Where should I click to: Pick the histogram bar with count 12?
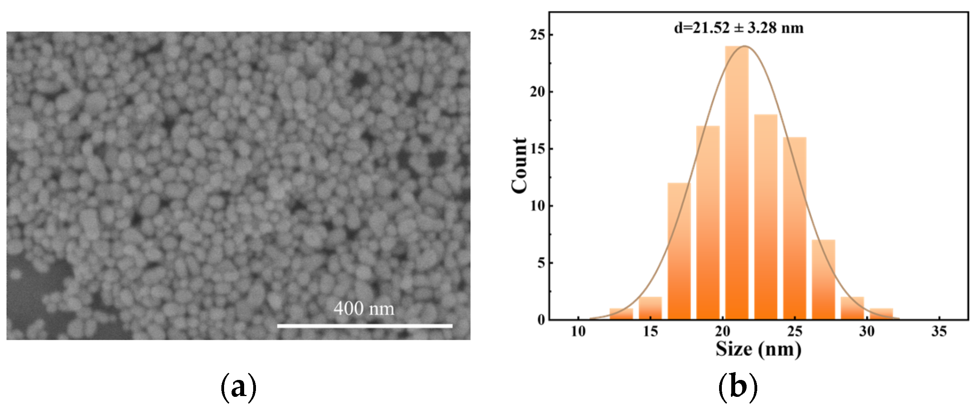[679, 252]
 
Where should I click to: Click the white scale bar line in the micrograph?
[364, 326]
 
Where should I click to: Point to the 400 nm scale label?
[364, 309]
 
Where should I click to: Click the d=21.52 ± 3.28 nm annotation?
[739, 28]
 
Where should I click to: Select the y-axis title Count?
[519, 165]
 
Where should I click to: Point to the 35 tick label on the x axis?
[939, 332]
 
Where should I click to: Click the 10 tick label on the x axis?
[578, 332]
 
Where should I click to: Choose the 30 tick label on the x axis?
[867, 332]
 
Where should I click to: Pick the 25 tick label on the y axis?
[537, 35]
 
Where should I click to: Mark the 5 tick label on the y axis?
[541, 263]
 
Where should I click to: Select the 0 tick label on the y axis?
[541, 320]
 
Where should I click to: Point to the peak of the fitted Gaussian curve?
[744, 46]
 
